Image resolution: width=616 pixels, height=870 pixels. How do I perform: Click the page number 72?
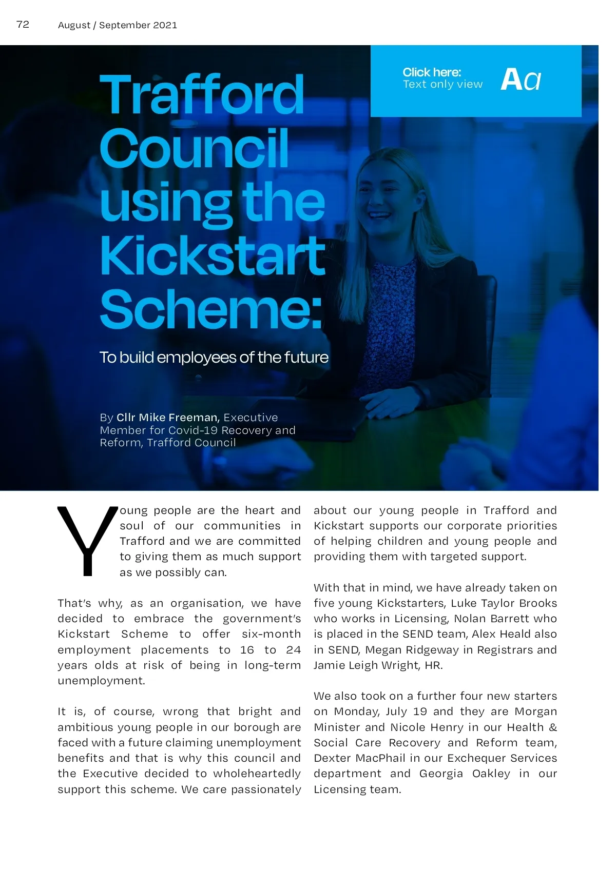click(23, 25)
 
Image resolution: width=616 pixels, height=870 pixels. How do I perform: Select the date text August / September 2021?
click(118, 25)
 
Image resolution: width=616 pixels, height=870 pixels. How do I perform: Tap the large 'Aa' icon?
click(521, 80)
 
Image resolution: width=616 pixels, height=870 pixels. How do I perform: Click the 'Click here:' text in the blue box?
click(432, 72)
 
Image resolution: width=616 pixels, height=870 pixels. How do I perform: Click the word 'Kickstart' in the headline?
click(213, 255)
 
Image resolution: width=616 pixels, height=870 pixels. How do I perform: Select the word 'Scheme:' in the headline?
click(211, 309)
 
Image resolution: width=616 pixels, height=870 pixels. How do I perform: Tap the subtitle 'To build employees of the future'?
click(214, 357)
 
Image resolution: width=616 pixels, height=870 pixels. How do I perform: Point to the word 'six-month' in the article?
click(271, 634)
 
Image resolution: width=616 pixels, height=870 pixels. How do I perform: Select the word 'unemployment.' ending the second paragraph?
click(102, 681)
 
